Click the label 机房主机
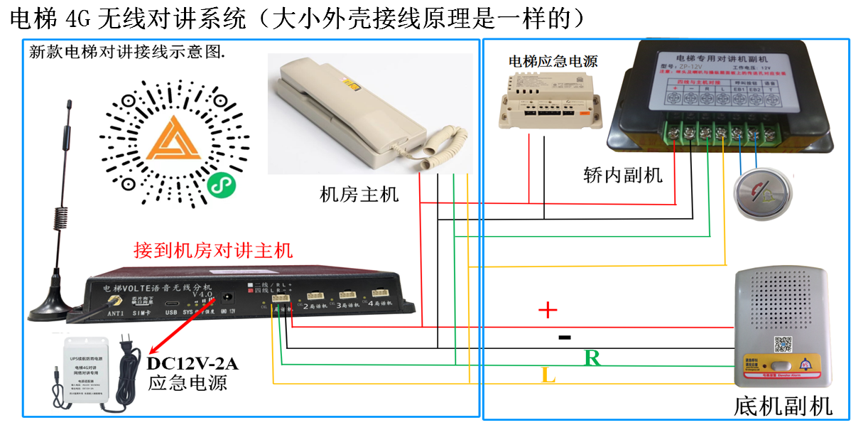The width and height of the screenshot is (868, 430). click(359, 193)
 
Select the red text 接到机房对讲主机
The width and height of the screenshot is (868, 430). click(213, 250)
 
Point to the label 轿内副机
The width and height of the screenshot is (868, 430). click(622, 174)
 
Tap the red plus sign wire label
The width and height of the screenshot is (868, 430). click(547, 310)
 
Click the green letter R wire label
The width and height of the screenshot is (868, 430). click(592, 358)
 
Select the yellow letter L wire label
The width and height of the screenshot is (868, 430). click(548, 375)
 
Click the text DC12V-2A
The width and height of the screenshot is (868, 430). click(192, 364)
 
